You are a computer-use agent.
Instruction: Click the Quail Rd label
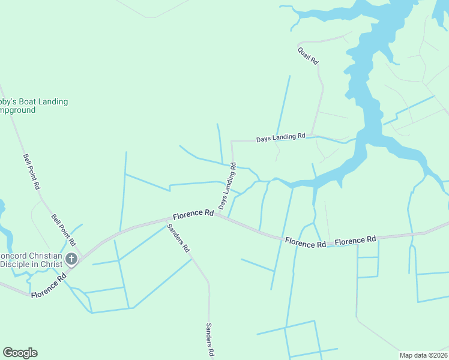pyautogui.click(x=307, y=56)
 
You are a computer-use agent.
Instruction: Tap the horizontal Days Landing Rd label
pyautogui.click(x=281, y=138)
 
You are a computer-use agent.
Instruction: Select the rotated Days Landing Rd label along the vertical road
pyautogui.click(x=228, y=190)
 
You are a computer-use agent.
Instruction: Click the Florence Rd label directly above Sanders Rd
pyautogui.click(x=193, y=214)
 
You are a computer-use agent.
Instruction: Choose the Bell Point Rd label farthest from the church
pyautogui.click(x=32, y=172)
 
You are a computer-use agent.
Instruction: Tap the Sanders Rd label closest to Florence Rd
pyautogui.click(x=178, y=238)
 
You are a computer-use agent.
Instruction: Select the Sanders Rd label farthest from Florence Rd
pyautogui.click(x=209, y=340)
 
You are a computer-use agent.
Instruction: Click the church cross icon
pyautogui.click(x=71, y=259)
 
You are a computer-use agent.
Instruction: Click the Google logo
pyautogui.click(x=20, y=353)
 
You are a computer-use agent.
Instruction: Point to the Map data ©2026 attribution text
pyautogui.click(x=423, y=355)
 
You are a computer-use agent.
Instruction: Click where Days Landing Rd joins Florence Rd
pyautogui.click(x=218, y=214)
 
